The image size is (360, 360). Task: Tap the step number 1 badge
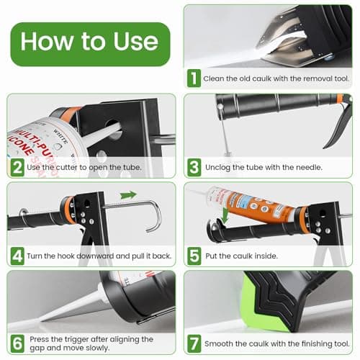pos(194,77)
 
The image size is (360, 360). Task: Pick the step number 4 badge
pos(17,255)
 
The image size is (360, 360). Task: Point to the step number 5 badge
pos(194,255)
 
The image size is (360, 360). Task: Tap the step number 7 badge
pos(194,343)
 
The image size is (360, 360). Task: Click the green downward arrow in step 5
pos(225,215)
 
